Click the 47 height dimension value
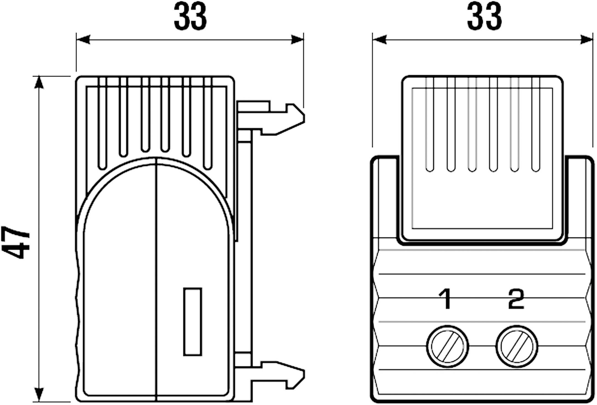pyautogui.click(x=15, y=243)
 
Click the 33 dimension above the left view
pyautogui.click(x=190, y=16)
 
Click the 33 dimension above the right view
pyautogui.click(x=484, y=16)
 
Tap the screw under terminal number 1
pyautogui.click(x=447, y=346)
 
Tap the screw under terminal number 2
pyautogui.click(x=517, y=346)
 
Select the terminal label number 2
pyautogui.click(x=516, y=299)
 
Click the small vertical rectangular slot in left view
pyautogui.click(x=193, y=322)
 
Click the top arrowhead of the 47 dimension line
pyautogui.click(x=39, y=82)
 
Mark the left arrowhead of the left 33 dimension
pyautogui.click(x=83, y=40)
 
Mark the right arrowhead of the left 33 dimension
pyautogui.click(x=297, y=40)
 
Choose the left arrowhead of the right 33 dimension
pyautogui.click(x=379, y=40)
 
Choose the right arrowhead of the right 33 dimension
pyautogui.click(x=586, y=40)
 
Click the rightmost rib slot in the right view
pyautogui.click(x=536, y=124)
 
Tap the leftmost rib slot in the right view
pyautogui.click(x=430, y=124)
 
